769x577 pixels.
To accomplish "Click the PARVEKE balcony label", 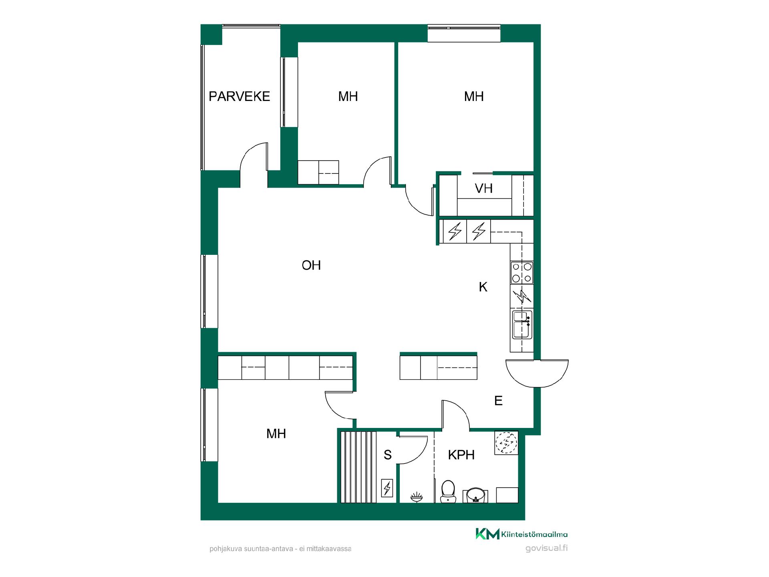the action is click(240, 97).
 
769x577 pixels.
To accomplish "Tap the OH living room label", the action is click(311, 265).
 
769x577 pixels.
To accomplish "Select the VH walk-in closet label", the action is click(483, 188).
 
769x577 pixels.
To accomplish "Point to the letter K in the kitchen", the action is click(483, 287).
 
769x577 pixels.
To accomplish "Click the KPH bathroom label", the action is click(461, 455).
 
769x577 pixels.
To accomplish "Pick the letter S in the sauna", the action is click(387, 455).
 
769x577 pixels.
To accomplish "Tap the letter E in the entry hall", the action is click(498, 401).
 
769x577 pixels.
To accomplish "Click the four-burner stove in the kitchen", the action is click(522, 272).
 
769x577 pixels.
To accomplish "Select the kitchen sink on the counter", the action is click(522, 324).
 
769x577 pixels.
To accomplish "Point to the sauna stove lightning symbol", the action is click(387, 488).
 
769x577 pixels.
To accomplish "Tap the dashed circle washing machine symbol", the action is click(506, 443).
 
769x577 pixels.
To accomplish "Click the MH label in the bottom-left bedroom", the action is click(276, 434).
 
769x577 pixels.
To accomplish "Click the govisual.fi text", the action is click(546, 549).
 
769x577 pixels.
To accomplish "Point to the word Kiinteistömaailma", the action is click(534, 534).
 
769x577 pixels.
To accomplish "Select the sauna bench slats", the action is click(358, 467).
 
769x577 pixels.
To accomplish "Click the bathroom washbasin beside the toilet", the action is click(475, 495).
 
